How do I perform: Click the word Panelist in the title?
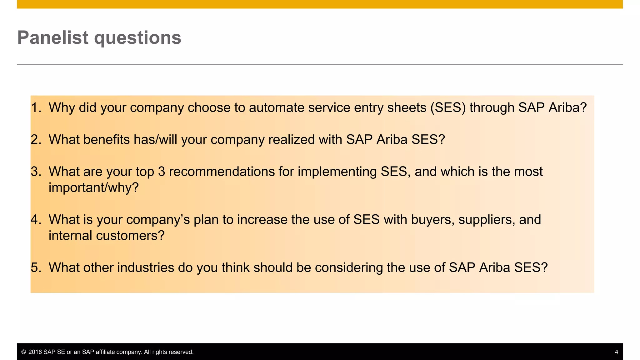pyautogui.click(x=53, y=37)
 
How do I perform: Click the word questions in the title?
pyautogui.click(x=137, y=38)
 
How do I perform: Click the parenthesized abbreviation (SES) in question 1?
pyautogui.click(x=448, y=107)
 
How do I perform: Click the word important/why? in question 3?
pyautogui.click(x=93, y=187)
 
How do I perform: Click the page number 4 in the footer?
pyautogui.click(x=616, y=352)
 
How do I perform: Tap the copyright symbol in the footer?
pyautogui.click(x=23, y=352)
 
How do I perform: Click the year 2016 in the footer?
pyautogui.click(x=35, y=352)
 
